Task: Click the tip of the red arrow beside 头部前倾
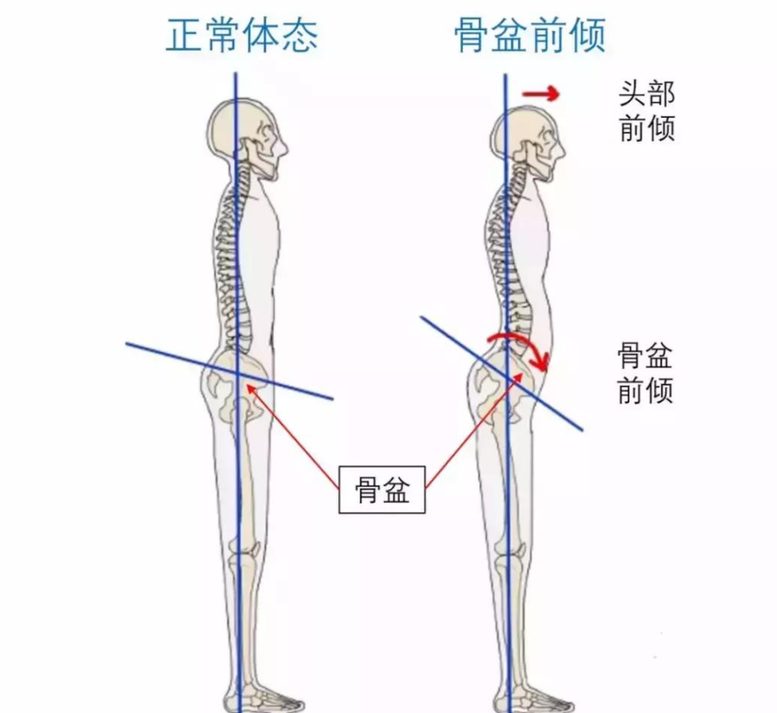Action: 560,94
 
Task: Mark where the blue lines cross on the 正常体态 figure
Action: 238,373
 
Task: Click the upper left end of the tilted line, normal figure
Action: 125,343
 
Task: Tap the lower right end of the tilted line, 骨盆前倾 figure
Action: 582,430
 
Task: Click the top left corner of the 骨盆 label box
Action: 339,467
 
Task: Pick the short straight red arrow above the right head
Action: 541,94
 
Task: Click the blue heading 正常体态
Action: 242,35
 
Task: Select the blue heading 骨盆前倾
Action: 530,35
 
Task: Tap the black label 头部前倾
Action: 647,111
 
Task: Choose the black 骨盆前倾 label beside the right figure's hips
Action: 645,373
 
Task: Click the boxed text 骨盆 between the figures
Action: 382,490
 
